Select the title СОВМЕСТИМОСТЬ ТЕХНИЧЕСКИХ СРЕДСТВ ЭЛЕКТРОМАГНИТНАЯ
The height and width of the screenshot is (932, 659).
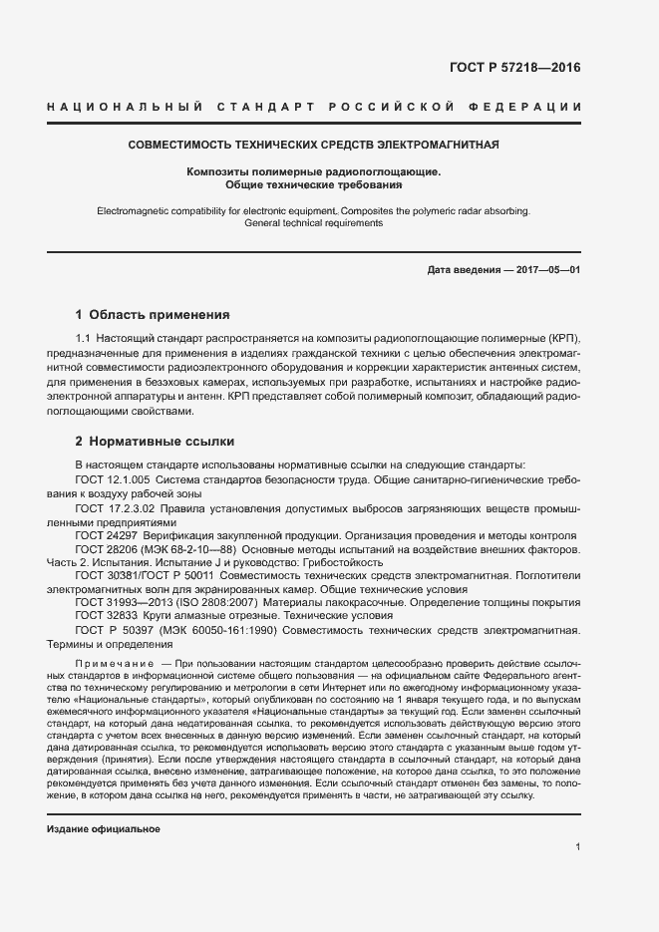(x=313, y=145)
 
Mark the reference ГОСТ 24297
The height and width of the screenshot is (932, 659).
(x=107, y=535)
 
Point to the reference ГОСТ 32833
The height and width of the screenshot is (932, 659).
(x=107, y=617)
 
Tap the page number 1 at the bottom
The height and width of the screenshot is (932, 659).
(x=577, y=846)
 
